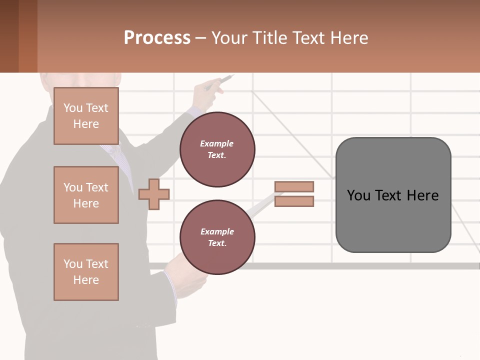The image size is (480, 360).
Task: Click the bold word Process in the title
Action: coord(157,38)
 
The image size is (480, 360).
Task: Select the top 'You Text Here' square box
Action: coord(86,116)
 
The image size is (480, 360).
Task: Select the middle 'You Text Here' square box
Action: coord(86,195)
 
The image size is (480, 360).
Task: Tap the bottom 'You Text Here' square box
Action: coord(86,272)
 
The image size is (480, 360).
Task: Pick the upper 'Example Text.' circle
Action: coord(217,149)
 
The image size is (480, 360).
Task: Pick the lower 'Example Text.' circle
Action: coord(217,237)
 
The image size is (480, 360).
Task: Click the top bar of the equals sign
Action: coord(294,186)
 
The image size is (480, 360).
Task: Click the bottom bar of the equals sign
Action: coord(294,201)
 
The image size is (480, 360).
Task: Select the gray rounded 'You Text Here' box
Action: coord(393,195)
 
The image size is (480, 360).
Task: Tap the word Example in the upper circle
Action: coord(217,143)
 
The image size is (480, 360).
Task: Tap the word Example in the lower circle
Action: coord(217,231)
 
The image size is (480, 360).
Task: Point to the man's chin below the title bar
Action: coord(80,80)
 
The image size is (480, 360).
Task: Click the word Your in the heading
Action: coord(228,38)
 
